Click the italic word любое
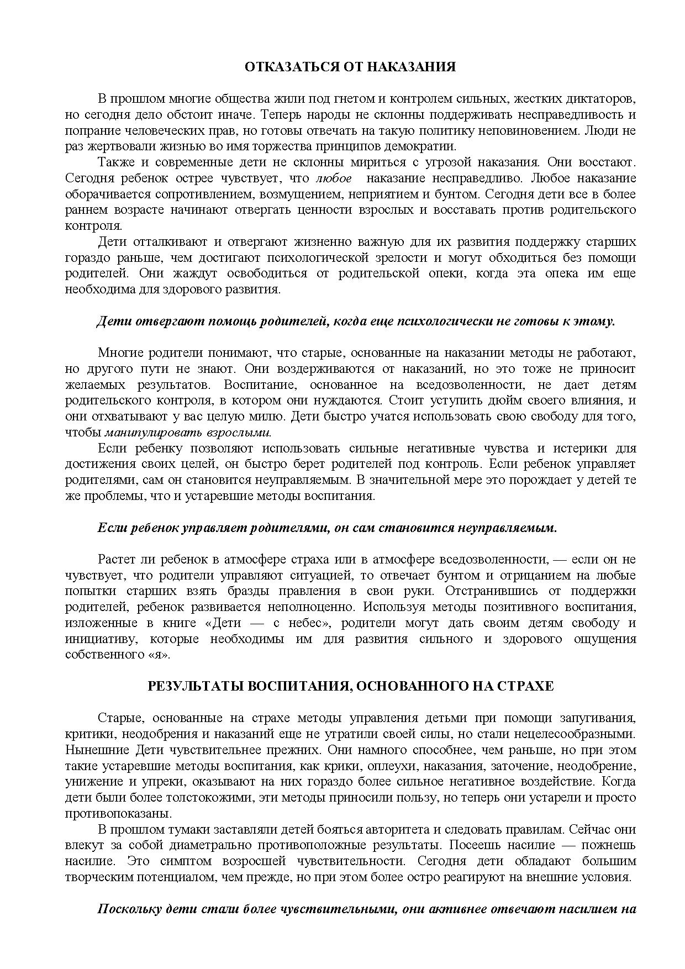(334, 178)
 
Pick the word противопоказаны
(118, 814)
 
